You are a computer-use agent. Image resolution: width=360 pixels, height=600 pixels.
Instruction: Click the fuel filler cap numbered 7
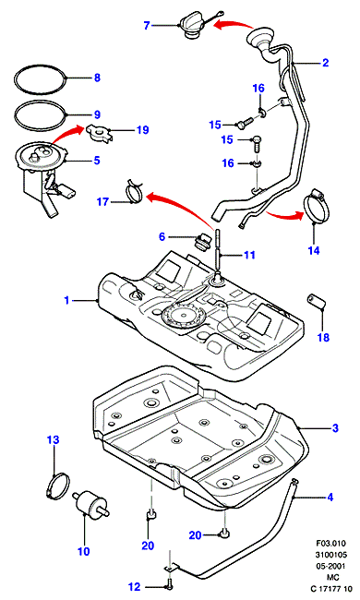[x=190, y=26]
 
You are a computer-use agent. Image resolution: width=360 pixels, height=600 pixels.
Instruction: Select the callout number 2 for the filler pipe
[x=325, y=63]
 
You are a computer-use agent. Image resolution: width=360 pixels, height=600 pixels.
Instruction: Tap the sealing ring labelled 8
[x=41, y=78]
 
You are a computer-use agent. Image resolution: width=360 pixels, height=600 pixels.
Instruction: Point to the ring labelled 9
[x=41, y=114]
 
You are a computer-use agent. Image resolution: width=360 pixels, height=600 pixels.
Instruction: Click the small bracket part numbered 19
[x=99, y=132]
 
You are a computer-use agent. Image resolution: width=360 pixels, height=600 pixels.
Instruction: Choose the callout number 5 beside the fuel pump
[x=96, y=161]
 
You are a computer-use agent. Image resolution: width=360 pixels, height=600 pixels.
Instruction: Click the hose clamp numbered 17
[x=133, y=191]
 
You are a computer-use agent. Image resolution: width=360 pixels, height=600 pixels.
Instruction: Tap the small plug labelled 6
[x=202, y=242]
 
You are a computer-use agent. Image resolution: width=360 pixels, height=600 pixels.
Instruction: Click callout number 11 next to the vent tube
[x=249, y=255]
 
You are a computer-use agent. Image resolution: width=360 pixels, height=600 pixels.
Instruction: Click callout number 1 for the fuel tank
[x=66, y=300]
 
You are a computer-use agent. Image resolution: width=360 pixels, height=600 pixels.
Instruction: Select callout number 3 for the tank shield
[x=335, y=427]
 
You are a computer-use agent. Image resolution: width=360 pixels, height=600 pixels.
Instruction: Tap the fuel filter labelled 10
[x=90, y=503]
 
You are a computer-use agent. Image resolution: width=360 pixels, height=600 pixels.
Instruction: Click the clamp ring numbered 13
[x=57, y=486]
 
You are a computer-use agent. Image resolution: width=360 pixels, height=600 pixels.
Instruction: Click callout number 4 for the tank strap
[x=330, y=497]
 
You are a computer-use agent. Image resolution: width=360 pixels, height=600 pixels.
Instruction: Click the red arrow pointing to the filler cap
[x=232, y=25]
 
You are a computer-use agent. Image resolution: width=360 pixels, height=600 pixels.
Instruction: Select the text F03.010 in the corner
[x=330, y=543]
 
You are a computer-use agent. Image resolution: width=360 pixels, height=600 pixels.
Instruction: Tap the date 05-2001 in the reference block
[x=330, y=566]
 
